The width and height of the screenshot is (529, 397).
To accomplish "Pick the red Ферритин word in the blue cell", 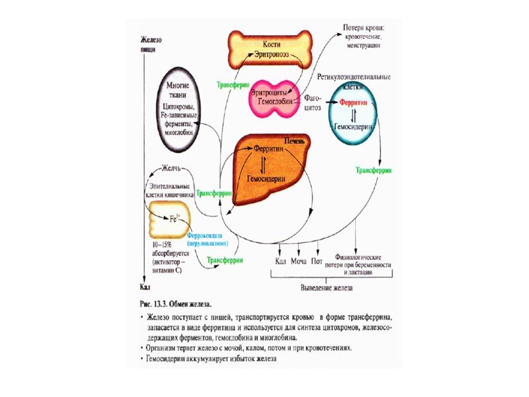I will pyautogui.click(x=353, y=104).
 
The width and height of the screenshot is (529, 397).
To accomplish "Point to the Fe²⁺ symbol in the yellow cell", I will pyautogui.click(x=174, y=218).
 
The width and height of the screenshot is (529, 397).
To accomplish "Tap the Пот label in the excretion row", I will pyautogui.click(x=317, y=261).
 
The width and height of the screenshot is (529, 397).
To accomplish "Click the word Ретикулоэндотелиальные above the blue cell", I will pyautogui.click(x=354, y=77).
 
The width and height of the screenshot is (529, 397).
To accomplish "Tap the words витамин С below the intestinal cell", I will pyautogui.click(x=166, y=271).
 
